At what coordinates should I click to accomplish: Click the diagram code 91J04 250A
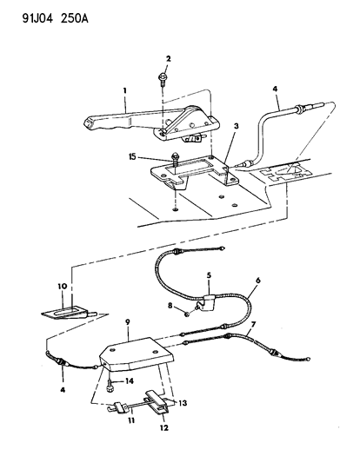56,19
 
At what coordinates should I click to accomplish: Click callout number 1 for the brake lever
124,90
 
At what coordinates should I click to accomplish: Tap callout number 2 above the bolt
168,59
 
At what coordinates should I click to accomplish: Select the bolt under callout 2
163,79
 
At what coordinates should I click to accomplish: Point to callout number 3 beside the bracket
237,126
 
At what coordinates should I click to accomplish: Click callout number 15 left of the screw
132,156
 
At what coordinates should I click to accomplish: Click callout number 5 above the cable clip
209,275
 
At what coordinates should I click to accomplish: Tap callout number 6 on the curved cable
258,281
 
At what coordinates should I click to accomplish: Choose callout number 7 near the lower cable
253,324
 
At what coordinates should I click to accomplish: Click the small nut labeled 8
187,315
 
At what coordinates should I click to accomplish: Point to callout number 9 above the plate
128,322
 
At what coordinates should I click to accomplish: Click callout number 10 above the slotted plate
63,286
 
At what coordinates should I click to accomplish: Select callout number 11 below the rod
131,420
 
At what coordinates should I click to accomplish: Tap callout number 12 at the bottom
164,427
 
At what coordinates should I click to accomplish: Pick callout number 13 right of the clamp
183,403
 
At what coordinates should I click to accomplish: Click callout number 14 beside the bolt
130,381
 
